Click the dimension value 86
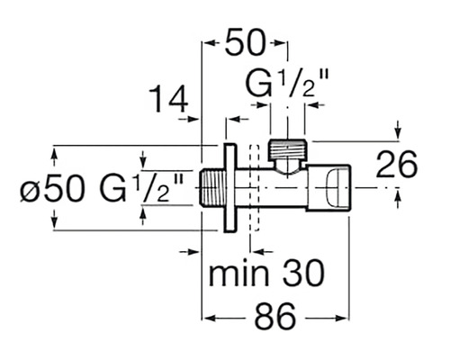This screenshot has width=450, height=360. (x=275, y=317)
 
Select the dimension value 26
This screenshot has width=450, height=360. (x=396, y=164)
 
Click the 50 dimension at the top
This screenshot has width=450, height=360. (x=245, y=42)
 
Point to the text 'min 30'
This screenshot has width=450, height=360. (x=266, y=274)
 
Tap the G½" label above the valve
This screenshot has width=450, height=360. (x=287, y=83)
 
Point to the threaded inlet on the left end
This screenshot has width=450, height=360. (x=211, y=188)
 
